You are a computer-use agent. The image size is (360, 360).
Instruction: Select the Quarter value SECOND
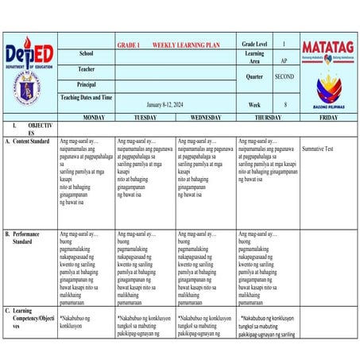(285, 77)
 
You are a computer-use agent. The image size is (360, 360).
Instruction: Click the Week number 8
(285, 104)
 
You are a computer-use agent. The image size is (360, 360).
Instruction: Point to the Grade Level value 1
(285, 45)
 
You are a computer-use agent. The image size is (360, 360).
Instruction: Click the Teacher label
(87, 68)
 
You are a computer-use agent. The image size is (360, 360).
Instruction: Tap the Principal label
(87, 83)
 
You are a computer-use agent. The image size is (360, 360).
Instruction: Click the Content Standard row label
(31, 141)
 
